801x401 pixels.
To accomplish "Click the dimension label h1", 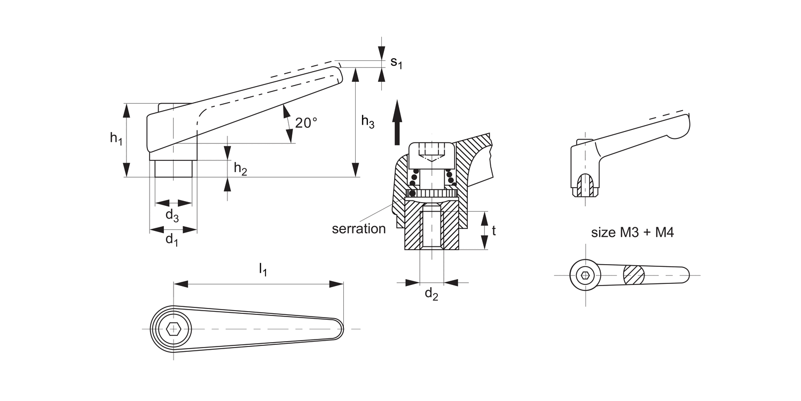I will [116, 138].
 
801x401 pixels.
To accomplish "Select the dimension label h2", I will [240, 168].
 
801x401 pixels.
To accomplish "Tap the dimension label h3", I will [367, 122].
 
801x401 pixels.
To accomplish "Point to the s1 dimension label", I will [396, 63].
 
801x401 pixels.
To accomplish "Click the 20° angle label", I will [306, 123].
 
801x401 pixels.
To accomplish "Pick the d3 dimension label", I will [171, 215].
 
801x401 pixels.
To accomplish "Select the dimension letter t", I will [494, 230].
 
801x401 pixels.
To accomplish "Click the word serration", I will [358, 229].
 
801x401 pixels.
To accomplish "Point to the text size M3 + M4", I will [632, 233].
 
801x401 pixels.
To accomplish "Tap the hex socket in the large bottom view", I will [173, 328].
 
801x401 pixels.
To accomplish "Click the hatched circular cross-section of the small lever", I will [634, 275].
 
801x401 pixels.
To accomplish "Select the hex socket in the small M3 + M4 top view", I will [585, 275].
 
